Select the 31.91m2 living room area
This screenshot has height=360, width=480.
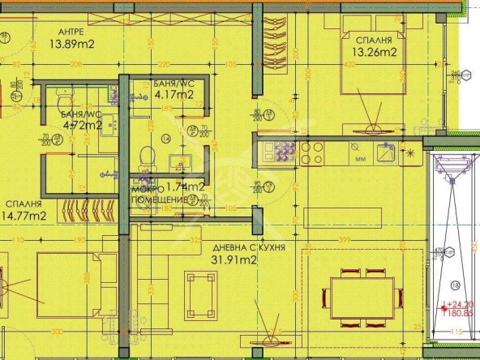(234, 260)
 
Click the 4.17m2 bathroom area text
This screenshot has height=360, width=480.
(174, 94)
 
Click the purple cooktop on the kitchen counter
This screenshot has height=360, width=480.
(285, 151)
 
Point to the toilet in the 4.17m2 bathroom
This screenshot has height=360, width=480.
(147, 155)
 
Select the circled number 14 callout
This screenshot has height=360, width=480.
(167, 139)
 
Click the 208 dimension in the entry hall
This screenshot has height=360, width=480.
(78, 64)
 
